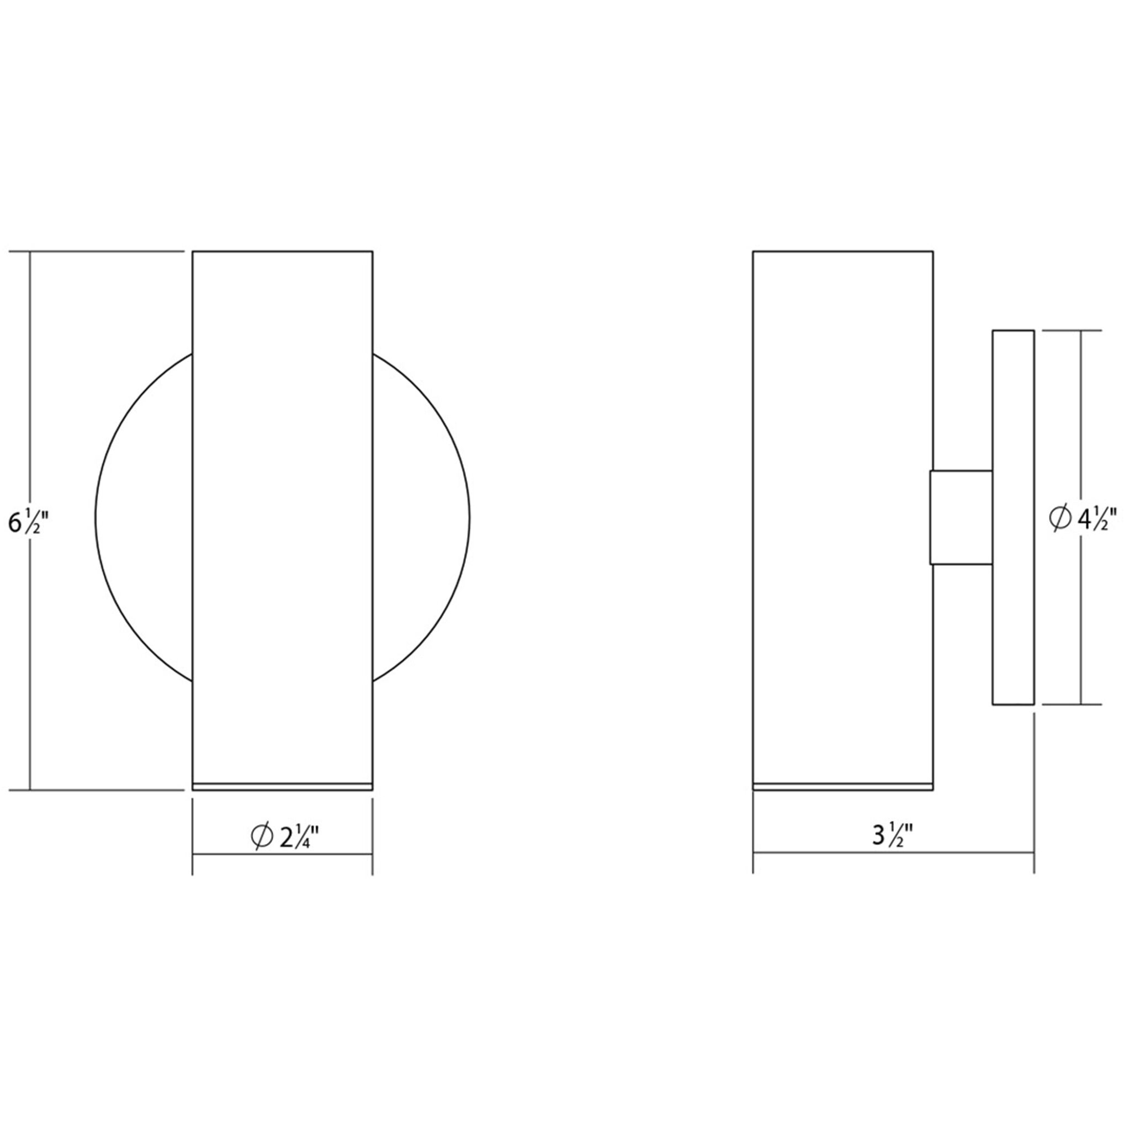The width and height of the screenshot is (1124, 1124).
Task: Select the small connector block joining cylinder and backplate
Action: coord(961,518)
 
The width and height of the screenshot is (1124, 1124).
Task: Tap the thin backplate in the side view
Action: coord(1013,518)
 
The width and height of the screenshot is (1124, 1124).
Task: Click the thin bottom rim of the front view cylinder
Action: coord(282,787)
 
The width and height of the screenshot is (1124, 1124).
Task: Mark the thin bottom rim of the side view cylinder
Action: coord(843,787)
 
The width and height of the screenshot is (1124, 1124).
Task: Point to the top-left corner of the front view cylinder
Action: coord(193,252)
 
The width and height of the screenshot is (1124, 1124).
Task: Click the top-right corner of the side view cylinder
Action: coord(933,252)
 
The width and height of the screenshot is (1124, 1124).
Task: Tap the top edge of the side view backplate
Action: coord(1013,331)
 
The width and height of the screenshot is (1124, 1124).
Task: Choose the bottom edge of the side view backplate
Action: coord(1013,705)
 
